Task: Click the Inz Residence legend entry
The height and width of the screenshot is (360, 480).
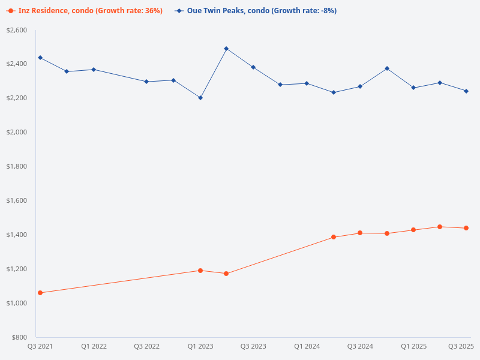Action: pos(85,11)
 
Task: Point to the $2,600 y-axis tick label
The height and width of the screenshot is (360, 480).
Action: pos(16,30)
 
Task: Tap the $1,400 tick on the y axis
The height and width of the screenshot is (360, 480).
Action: pos(16,235)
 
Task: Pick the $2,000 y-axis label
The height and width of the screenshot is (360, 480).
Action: pos(16,132)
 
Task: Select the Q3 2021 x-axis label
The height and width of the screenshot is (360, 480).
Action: pos(40,347)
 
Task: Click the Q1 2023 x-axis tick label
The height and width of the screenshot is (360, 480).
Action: pos(200,347)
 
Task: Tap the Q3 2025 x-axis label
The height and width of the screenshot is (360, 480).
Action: pos(461,347)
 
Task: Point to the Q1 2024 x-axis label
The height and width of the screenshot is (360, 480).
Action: pos(307,347)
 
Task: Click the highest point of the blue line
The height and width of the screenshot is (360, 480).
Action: pos(226,49)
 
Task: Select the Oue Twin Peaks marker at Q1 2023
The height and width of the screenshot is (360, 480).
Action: pos(200,98)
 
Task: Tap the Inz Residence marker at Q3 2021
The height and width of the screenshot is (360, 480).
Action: pos(40,293)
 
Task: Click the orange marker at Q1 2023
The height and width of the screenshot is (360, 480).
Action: pos(200,271)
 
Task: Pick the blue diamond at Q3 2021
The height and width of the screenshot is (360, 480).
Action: pos(40,58)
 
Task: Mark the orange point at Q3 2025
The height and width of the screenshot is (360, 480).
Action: pos(466,228)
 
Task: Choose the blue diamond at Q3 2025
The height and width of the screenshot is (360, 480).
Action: pos(466,91)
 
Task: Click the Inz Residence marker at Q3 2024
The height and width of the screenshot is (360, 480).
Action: pos(360,233)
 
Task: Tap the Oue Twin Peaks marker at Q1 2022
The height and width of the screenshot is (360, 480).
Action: pos(94,70)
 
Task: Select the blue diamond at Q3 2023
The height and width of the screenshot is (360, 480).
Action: pos(253,67)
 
